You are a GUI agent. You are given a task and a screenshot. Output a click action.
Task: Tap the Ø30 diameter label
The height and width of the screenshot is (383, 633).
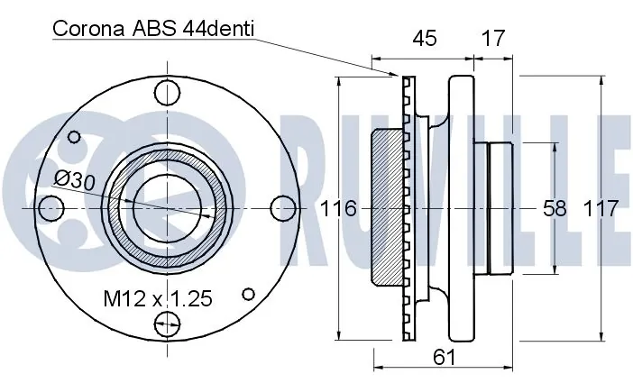coord(74,179)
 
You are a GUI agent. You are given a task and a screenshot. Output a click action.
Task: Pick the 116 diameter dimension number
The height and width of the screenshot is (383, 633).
coord(339,208)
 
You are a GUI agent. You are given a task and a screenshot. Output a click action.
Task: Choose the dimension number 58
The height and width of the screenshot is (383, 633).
coord(555,208)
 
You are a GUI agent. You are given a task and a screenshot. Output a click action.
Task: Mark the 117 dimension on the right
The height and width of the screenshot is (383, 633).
coord(601,208)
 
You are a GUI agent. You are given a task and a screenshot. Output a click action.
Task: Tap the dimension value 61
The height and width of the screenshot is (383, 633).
coord(443,357)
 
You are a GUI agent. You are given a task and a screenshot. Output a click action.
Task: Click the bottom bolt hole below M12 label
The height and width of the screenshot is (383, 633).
coord(164,324)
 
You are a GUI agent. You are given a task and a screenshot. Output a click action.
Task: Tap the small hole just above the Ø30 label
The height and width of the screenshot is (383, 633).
coord(73,140)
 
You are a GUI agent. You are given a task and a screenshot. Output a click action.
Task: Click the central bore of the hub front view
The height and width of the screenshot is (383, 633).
coord(164,207)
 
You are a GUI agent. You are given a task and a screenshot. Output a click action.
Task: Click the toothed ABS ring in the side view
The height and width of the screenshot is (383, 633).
coord(408,207)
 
